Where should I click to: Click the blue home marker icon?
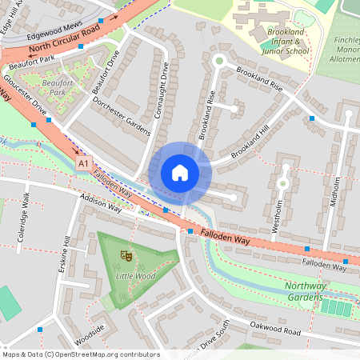point(180,172)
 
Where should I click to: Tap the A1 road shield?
point(83,162)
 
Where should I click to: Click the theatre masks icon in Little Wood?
point(125,255)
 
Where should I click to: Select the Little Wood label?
point(135,276)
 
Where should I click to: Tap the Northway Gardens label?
point(317,291)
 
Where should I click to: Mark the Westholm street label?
point(276,214)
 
